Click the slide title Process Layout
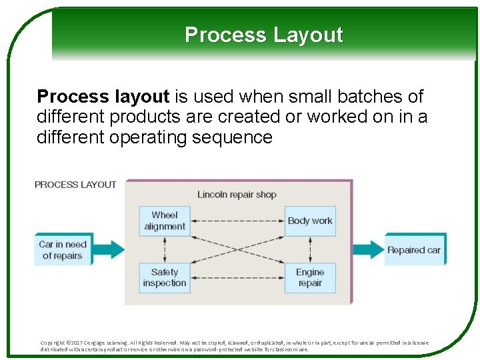[x=263, y=35]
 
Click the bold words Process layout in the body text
[x=103, y=97]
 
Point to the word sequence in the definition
[x=240, y=138]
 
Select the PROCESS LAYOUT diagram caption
[x=75, y=185]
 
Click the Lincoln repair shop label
[x=237, y=195]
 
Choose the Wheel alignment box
[x=164, y=221]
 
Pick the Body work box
[x=310, y=221]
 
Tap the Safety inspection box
[x=164, y=277]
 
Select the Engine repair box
[x=310, y=277]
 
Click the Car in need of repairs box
[x=62, y=249]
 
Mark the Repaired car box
[x=414, y=250]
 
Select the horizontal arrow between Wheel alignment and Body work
[x=237, y=221]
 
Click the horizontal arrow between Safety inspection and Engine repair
[x=237, y=277]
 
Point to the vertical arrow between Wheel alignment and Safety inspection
[x=164, y=249]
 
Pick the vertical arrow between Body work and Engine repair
[x=310, y=249]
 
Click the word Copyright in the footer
[x=53, y=343]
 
